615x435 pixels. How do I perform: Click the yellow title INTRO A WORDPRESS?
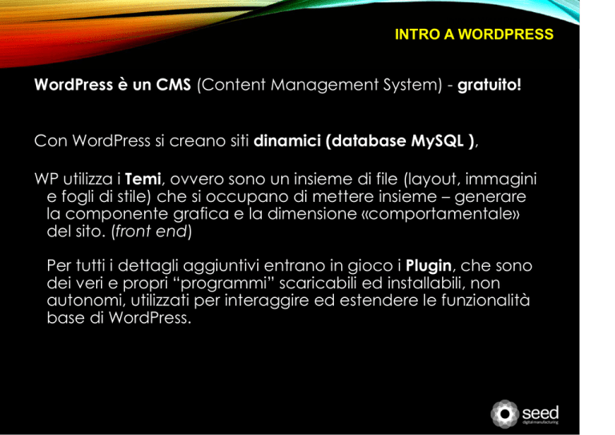tap(474, 34)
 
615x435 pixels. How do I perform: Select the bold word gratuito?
tap(489, 85)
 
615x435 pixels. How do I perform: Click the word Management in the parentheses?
tap(324, 85)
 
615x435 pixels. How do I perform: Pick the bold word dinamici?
tap(287, 141)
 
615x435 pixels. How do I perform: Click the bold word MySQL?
tap(437, 141)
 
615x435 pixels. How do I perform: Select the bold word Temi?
tap(143, 179)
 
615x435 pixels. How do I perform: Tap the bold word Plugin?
tap(428, 266)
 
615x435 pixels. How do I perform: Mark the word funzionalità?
tap(485, 300)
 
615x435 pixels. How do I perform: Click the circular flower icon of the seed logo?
tap(504, 414)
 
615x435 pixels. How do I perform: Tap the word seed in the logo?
tap(540, 413)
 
